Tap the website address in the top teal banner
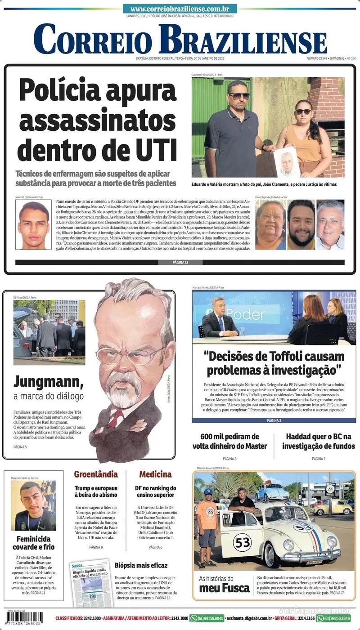(x=180, y=9)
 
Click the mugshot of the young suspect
(x=33, y=224)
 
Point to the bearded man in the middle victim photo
(x=301, y=224)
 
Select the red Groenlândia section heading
(x=96, y=474)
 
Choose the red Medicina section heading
(x=155, y=474)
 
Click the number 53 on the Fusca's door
(x=242, y=543)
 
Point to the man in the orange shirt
(x=207, y=524)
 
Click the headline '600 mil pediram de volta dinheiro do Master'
(x=230, y=441)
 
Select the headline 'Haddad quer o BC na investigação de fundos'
(x=318, y=441)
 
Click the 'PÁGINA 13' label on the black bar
(x=180, y=262)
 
